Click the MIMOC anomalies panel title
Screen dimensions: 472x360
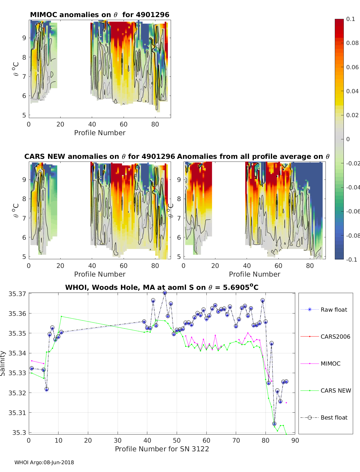coord(100,15)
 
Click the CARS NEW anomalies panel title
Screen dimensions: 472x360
coord(100,156)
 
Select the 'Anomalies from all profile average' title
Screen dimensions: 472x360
coord(253,156)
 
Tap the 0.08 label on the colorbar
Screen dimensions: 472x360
coord(352,43)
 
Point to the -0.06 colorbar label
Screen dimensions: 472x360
coord(353,211)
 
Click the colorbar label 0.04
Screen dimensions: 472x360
coord(352,91)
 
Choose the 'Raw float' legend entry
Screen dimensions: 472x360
coord(334,310)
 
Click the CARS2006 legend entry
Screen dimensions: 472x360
coord(335,337)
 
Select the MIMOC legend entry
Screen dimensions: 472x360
coord(330,364)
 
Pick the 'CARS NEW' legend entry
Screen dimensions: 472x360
coord(336,390)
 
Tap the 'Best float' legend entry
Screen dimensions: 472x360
coord(334,417)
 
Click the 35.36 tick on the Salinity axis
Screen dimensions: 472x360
coord(17,313)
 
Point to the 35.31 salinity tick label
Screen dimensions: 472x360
coord(17,413)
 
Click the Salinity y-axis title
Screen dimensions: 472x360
coord(3,363)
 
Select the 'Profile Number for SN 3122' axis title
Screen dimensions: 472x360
coord(162,449)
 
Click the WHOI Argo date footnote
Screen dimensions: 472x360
coord(44,462)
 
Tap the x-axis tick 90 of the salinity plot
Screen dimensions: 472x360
coord(295,441)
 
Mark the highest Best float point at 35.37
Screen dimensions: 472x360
coord(165,293)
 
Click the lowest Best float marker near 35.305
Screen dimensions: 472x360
coord(274,424)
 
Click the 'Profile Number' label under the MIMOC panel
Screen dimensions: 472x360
coord(100,133)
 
